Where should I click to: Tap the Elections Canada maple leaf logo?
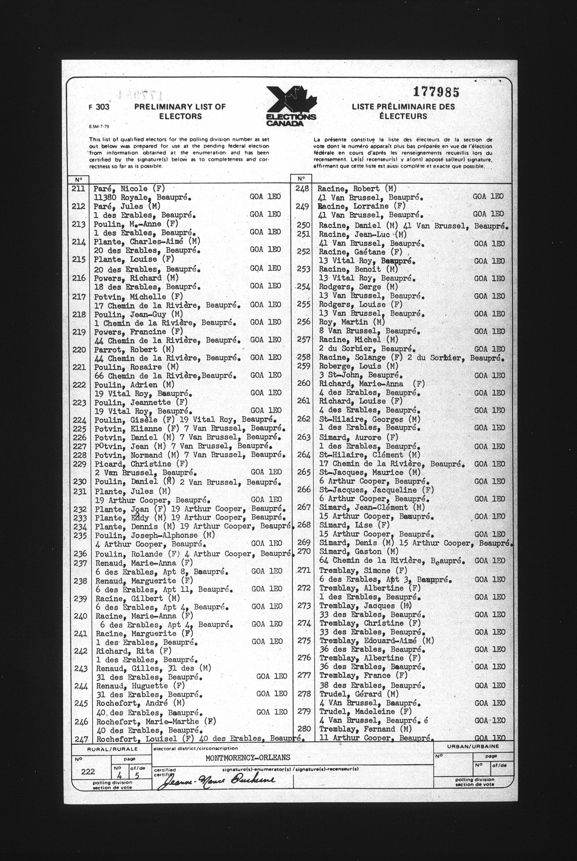pos(291,106)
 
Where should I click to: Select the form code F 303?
pos(99,107)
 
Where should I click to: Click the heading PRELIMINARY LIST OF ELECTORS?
pos(180,111)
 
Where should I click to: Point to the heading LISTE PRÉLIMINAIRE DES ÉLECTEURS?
pos(403,111)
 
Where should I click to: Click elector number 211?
pos(79,188)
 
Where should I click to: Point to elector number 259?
pos(304,366)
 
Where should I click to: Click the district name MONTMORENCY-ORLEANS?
pos(248,758)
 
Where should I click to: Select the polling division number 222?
pos(88,772)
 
